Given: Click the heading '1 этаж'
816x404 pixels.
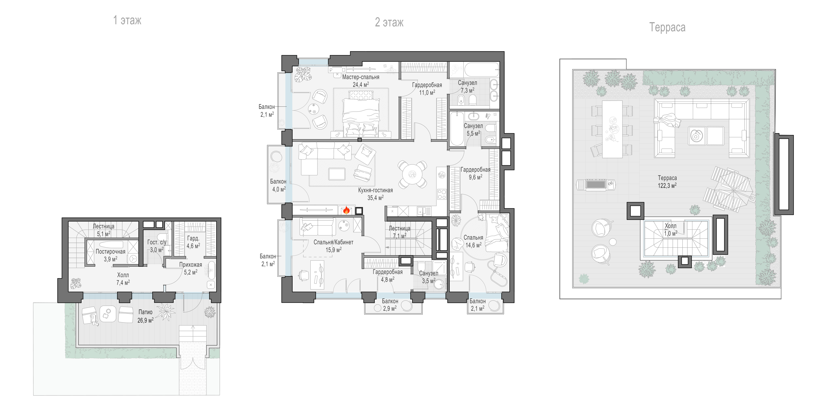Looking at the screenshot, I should [x=127, y=20].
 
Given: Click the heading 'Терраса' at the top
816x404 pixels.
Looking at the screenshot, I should [x=667, y=27].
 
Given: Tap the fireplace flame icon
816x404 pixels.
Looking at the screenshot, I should [x=346, y=210].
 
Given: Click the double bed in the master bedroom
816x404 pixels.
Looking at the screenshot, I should [x=361, y=114].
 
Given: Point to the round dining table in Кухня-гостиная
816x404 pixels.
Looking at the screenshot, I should [x=412, y=174].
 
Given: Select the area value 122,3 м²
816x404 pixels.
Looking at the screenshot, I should [x=667, y=185].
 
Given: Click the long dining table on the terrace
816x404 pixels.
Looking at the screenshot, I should [x=612, y=129].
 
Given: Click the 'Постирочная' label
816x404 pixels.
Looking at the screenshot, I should [x=110, y=252].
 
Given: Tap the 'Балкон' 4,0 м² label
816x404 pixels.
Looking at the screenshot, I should [x=278, y=182].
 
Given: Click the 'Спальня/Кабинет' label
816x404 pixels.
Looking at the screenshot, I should [x=333, y=242].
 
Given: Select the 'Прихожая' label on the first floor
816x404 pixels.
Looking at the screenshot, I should [x=190, y=265].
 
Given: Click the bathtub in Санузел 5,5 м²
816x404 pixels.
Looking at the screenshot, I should [x=457, y=129].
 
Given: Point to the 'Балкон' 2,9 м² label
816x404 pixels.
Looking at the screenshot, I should [x=390, y=301].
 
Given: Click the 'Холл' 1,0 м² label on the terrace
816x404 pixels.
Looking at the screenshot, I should [x=670, y=226].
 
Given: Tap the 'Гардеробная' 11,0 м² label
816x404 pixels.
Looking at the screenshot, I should [x=427, y=85].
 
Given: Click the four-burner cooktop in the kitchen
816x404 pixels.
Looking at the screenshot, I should [x=442, y=194].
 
